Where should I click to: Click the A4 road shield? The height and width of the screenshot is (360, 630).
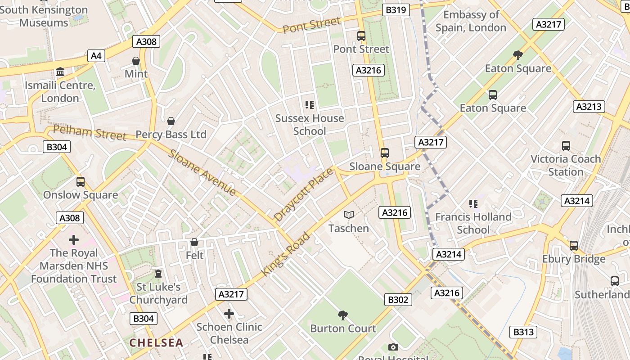(x=96, y=56)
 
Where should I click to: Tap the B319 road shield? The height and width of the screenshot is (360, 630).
(x=396, y=10)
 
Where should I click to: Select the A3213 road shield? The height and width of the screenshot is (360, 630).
(x=589, y=107)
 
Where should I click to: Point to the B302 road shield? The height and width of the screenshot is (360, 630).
(x=398, y=300)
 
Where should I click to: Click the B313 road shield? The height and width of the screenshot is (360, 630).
(x=523, y=332)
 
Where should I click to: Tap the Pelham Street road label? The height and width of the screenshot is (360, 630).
(x=90, y=133)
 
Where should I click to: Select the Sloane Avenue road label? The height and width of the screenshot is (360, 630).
(x=202, y=172)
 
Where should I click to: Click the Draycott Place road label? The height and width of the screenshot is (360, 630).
(x=304, y=194)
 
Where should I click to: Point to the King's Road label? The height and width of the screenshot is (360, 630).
(x=286, y=254)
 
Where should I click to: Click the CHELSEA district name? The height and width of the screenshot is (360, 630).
(x=156, y=342)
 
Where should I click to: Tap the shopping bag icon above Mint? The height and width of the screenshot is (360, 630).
(x=135, y=61)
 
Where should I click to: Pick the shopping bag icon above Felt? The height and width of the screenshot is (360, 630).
(x=194, y=243)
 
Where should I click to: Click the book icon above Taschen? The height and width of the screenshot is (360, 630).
(x=349, y=215)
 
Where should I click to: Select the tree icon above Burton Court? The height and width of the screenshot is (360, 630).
(x=343, y=315)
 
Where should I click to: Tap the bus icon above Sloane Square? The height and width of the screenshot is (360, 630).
(x=385, y=153)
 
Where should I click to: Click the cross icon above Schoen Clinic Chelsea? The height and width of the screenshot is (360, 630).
(x=229, y=313)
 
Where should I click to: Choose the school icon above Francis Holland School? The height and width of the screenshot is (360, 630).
(x=473, y=204)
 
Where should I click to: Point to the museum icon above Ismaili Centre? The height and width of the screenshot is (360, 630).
(x=60, y=72)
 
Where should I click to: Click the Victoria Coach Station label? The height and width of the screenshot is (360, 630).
(x=566, y=165)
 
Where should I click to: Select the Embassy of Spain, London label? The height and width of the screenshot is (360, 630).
(x=471, y=21)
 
